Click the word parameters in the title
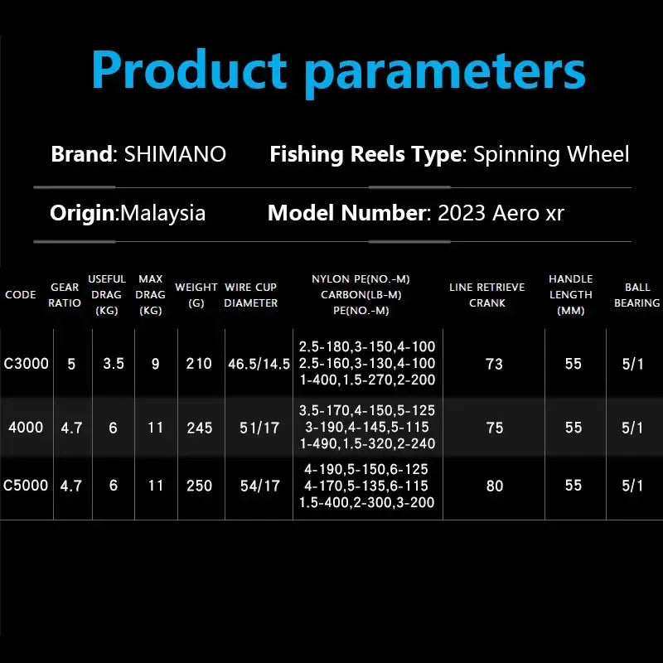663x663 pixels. (x=445, y=73)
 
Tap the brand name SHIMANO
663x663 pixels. (x=175, y=154)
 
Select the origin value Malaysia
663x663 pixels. (x=163, y=213)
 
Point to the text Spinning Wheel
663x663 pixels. (x=551, y=154)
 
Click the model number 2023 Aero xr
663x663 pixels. (x=501, y=213)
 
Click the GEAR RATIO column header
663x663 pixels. (x=65, y=295)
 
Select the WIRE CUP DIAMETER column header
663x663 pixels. (x=250, y=295)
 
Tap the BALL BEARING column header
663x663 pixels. (x=636, y=295)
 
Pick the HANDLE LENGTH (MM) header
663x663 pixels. (x=571, y=295)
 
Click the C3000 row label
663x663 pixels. (x=27, y=364)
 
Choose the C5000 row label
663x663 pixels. (x=27, y=486)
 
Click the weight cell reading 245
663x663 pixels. (x=200, y=428)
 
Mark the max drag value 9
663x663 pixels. (x=155, y=364)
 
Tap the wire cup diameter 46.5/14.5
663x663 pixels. (x=259, y=364)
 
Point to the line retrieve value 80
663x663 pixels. (x=495, y=486)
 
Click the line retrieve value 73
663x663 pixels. (x=495, y=364)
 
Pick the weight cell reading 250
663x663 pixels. (x=200, y=486)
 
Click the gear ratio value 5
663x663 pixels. (x=71, y=364)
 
